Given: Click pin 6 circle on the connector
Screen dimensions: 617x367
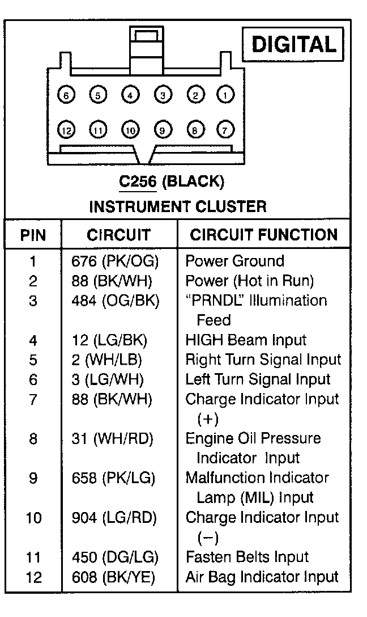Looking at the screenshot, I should [66, 95].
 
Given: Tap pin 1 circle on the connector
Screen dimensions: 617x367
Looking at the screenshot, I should [226, 95].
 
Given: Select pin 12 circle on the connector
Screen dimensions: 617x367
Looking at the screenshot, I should [66, 130].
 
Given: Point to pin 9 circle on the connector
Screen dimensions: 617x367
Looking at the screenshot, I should [163, 130].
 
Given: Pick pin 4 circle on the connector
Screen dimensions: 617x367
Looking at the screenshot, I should [130, 95].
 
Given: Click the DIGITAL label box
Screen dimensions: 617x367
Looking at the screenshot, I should [293, 44].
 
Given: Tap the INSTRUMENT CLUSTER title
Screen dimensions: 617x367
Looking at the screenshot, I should [177, 206].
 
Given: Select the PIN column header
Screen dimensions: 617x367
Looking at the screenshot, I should [33, 235].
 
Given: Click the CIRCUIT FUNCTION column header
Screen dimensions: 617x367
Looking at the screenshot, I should [263, 235].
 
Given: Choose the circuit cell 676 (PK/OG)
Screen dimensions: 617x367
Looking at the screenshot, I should [115, 261].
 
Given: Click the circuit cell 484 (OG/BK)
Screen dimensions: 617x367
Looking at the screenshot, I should [115, 301].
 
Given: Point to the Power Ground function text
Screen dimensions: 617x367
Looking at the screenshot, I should [234, 261].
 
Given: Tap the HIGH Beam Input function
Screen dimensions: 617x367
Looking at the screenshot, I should [246, 340].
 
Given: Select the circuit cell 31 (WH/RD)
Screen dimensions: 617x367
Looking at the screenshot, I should [113, 438].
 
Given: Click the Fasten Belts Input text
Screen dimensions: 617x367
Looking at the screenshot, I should [247, 557].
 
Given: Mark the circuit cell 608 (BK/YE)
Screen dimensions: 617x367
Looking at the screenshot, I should [113, 577].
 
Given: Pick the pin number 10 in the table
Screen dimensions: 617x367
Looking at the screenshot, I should [33, 518].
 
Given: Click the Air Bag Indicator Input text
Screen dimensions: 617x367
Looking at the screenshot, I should [262, 577].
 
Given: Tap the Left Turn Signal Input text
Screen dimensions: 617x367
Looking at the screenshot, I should [258, 379].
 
